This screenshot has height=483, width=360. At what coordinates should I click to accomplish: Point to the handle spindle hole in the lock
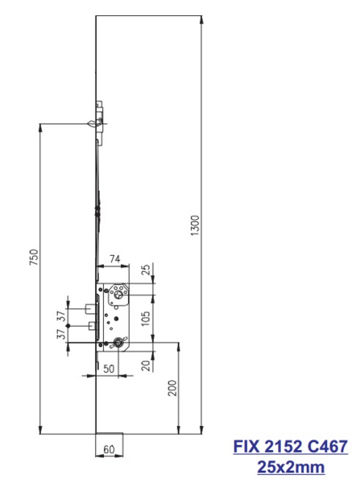119,295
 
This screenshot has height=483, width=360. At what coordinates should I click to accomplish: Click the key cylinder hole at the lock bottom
119,343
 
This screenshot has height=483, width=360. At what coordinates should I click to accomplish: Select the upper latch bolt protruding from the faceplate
85,307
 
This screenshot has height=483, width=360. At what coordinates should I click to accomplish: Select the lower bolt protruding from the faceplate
85,325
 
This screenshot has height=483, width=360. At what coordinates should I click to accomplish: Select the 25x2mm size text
291,465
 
